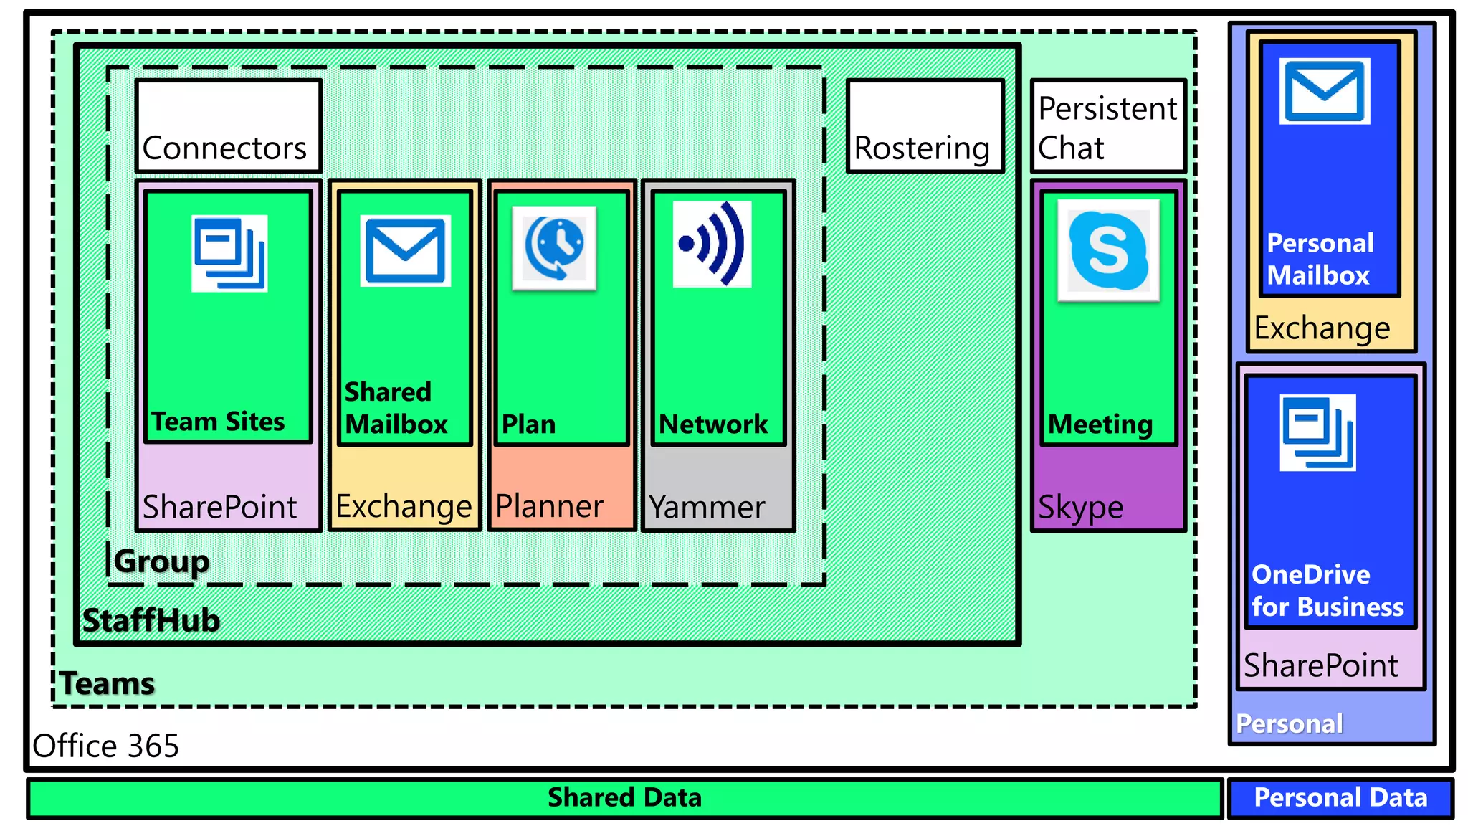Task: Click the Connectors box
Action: click(228, 126)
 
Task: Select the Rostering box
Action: click(925, 126)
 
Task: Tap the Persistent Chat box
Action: click(1108, 126)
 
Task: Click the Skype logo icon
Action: click(1108, 250)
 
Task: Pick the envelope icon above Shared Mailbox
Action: click(405, 251)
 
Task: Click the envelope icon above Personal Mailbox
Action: click(1324, 91)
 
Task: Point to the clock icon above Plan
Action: click(554, 248)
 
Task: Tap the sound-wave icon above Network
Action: click(712, 244)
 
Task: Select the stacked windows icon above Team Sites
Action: click(229, 253)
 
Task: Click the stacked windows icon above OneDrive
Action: click(1317, 432)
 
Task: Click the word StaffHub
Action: click(151, 620)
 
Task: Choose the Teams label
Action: click(108, 683)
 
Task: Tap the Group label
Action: click(161, 561)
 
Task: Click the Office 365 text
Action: click(105, 746)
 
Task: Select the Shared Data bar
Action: click(624, 798)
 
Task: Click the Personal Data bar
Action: click(1340, 798)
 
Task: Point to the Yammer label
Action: click(707, 507)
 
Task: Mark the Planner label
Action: click(549, 506)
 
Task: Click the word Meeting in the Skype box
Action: click(1100, 424)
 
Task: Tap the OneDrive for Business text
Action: click(1327, 591)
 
